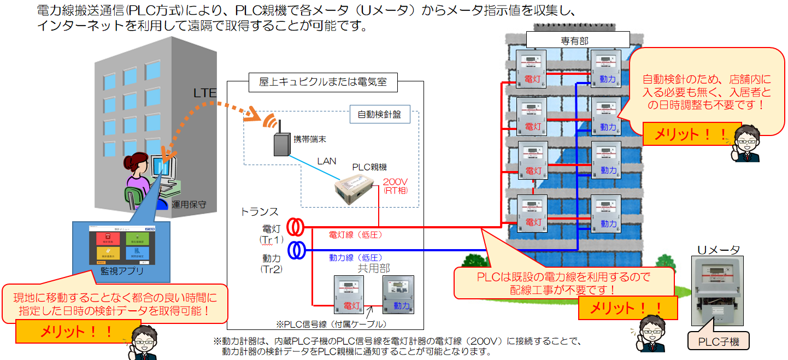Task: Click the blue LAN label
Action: pos(327,162)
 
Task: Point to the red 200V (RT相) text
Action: pos(395,186)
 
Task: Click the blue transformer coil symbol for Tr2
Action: pos(297,250)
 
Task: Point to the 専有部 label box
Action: pos(578,39)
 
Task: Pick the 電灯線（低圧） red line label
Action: pos(355,235)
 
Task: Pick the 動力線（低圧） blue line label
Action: pos(355,257)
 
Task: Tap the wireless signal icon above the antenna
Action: pos(268,120)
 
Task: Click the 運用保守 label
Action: pos(189,205)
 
